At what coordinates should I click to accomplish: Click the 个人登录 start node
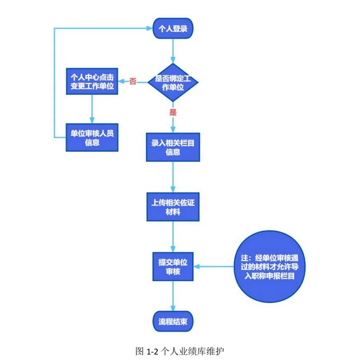[x=173, y=29]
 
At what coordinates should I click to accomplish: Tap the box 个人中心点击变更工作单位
[x=92, y=82]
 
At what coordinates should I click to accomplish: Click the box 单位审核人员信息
[x=92, y=137]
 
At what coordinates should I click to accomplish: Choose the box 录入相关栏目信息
[x=173, y=147]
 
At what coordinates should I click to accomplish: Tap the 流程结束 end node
[x=173, y=320]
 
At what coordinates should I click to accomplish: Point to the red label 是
[x=173, y=112]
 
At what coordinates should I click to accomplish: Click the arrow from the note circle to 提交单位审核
[x=214, y=267]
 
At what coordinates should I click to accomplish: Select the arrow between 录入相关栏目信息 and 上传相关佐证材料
[x=173, y=177]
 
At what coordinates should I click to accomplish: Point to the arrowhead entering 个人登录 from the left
[x=147, y=29]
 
